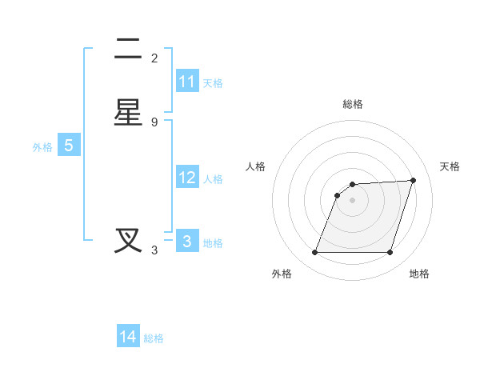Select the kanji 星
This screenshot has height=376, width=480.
[x=128, y=113]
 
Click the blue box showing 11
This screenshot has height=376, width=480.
[x=187, y=82]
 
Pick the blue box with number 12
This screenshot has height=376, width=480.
[x=187, y=178]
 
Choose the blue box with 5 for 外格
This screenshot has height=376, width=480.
[x=69, y=146]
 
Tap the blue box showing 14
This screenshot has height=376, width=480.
[x=128, y=337]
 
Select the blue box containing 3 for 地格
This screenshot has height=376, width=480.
[x=187, y=242]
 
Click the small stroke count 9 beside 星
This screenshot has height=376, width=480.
[x=154, y=122]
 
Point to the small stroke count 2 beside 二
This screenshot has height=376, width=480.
[x=154, y=58]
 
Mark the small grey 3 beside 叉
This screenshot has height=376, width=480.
[x=154, y=250]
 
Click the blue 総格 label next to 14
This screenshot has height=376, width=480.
[x=154, y=338]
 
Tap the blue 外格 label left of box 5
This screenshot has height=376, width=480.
[x=42, y=147]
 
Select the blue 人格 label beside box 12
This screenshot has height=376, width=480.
[x=214, y=179]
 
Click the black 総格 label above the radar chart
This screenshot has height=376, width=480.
[x=353, y=104]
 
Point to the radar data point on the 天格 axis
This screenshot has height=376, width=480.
[x=414, y=180]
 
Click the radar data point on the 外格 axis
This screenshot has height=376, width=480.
[x=315, y=253]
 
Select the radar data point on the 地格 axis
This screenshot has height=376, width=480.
[x=390, y=253]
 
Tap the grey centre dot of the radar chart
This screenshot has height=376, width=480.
[x=353, y=200]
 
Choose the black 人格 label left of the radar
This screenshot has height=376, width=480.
[x=256, y=166]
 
